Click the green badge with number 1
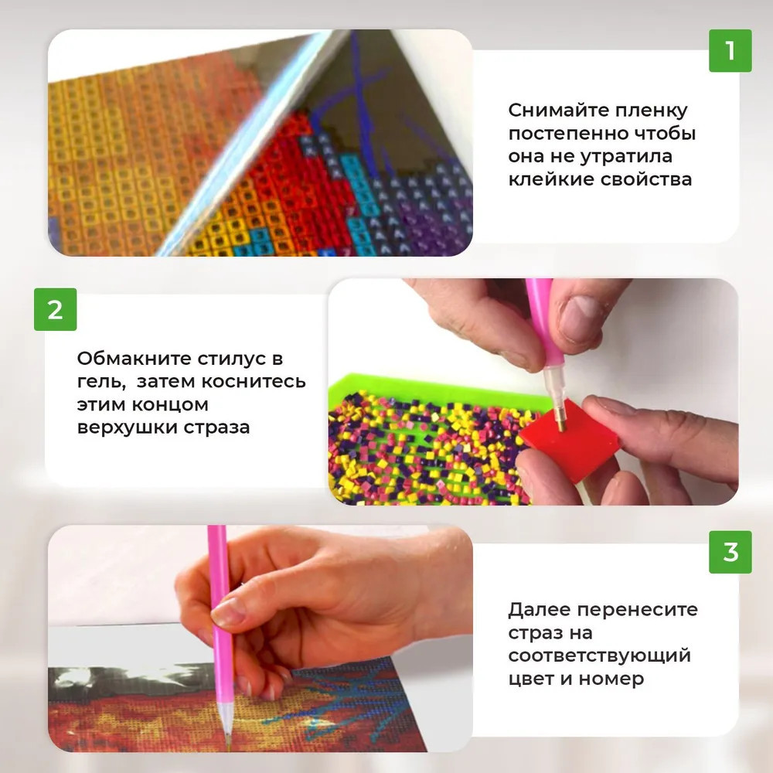click(x=730, y=51)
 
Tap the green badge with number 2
click(x=55, y=310)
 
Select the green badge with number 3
click(x=730, y=552)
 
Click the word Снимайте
click(x=557, y=111)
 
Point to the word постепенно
click(x=566, y=134)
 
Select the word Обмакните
click(x=133, y=359)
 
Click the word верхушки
click(x=127, y=427)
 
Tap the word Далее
click(x=539, y=610)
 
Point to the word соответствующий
click(x=600, y=656)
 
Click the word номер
click(x=611, y=679)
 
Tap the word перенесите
click(x=638, y=611)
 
